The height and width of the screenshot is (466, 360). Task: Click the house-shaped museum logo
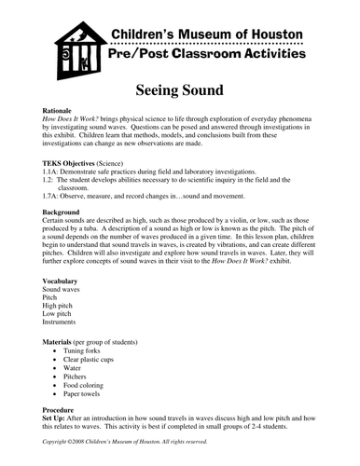point(72,50)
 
